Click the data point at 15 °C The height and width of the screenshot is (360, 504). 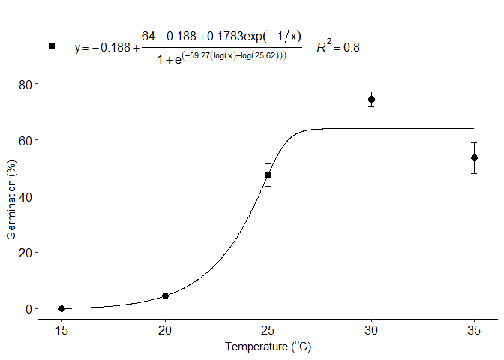coord(61,308)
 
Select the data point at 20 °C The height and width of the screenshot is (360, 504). coord(165,295)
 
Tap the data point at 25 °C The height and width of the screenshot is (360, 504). coord(268,175)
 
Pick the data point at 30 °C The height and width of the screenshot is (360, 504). coord(371,99)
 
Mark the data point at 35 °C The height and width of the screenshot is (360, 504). coord(474,157)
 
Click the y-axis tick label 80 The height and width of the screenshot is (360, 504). coord(25,84)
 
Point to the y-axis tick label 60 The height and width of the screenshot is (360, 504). coord(25,140)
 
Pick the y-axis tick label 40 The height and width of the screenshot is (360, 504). coord(25,196)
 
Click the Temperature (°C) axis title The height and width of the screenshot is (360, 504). coord(268,347)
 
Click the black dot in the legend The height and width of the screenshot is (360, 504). coord(51,46)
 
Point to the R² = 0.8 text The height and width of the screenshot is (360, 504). coord(337,47)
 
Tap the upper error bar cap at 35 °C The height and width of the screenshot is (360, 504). coord(474,142)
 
